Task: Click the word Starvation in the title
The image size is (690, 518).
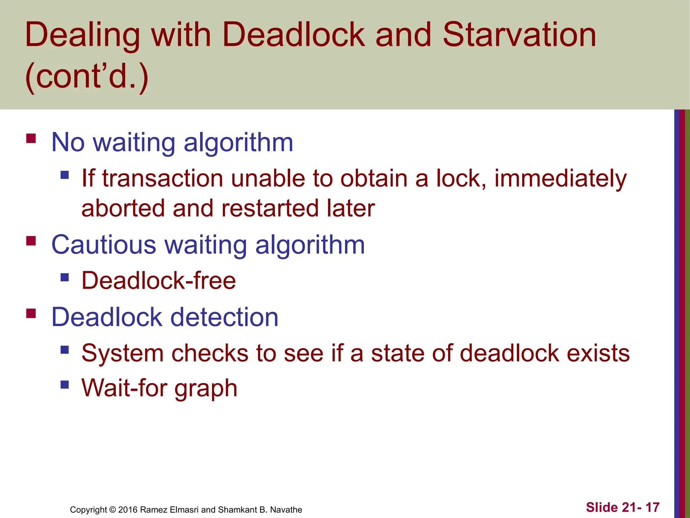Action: [x=519, y=35]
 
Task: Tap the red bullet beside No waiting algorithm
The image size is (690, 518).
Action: [x=31, y=139]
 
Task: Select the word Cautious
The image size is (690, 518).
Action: [x=104, y=245]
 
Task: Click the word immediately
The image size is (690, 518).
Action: [x=560, y=179]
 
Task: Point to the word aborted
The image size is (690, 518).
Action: [x=123, y=208]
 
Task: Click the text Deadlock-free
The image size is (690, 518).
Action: [x=159, y=281]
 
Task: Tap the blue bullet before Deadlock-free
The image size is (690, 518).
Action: [x=65, y=278]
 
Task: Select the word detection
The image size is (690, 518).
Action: [x=224, y=317]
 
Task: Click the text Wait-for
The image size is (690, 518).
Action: [x=124, y=388]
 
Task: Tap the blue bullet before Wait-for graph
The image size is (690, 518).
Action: [x=65, y=385]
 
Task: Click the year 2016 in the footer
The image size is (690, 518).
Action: [x=128, y=510]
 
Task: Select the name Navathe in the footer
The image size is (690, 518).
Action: [x=286, y=510]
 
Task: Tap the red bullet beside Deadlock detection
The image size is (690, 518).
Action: [x=31, y=314]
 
